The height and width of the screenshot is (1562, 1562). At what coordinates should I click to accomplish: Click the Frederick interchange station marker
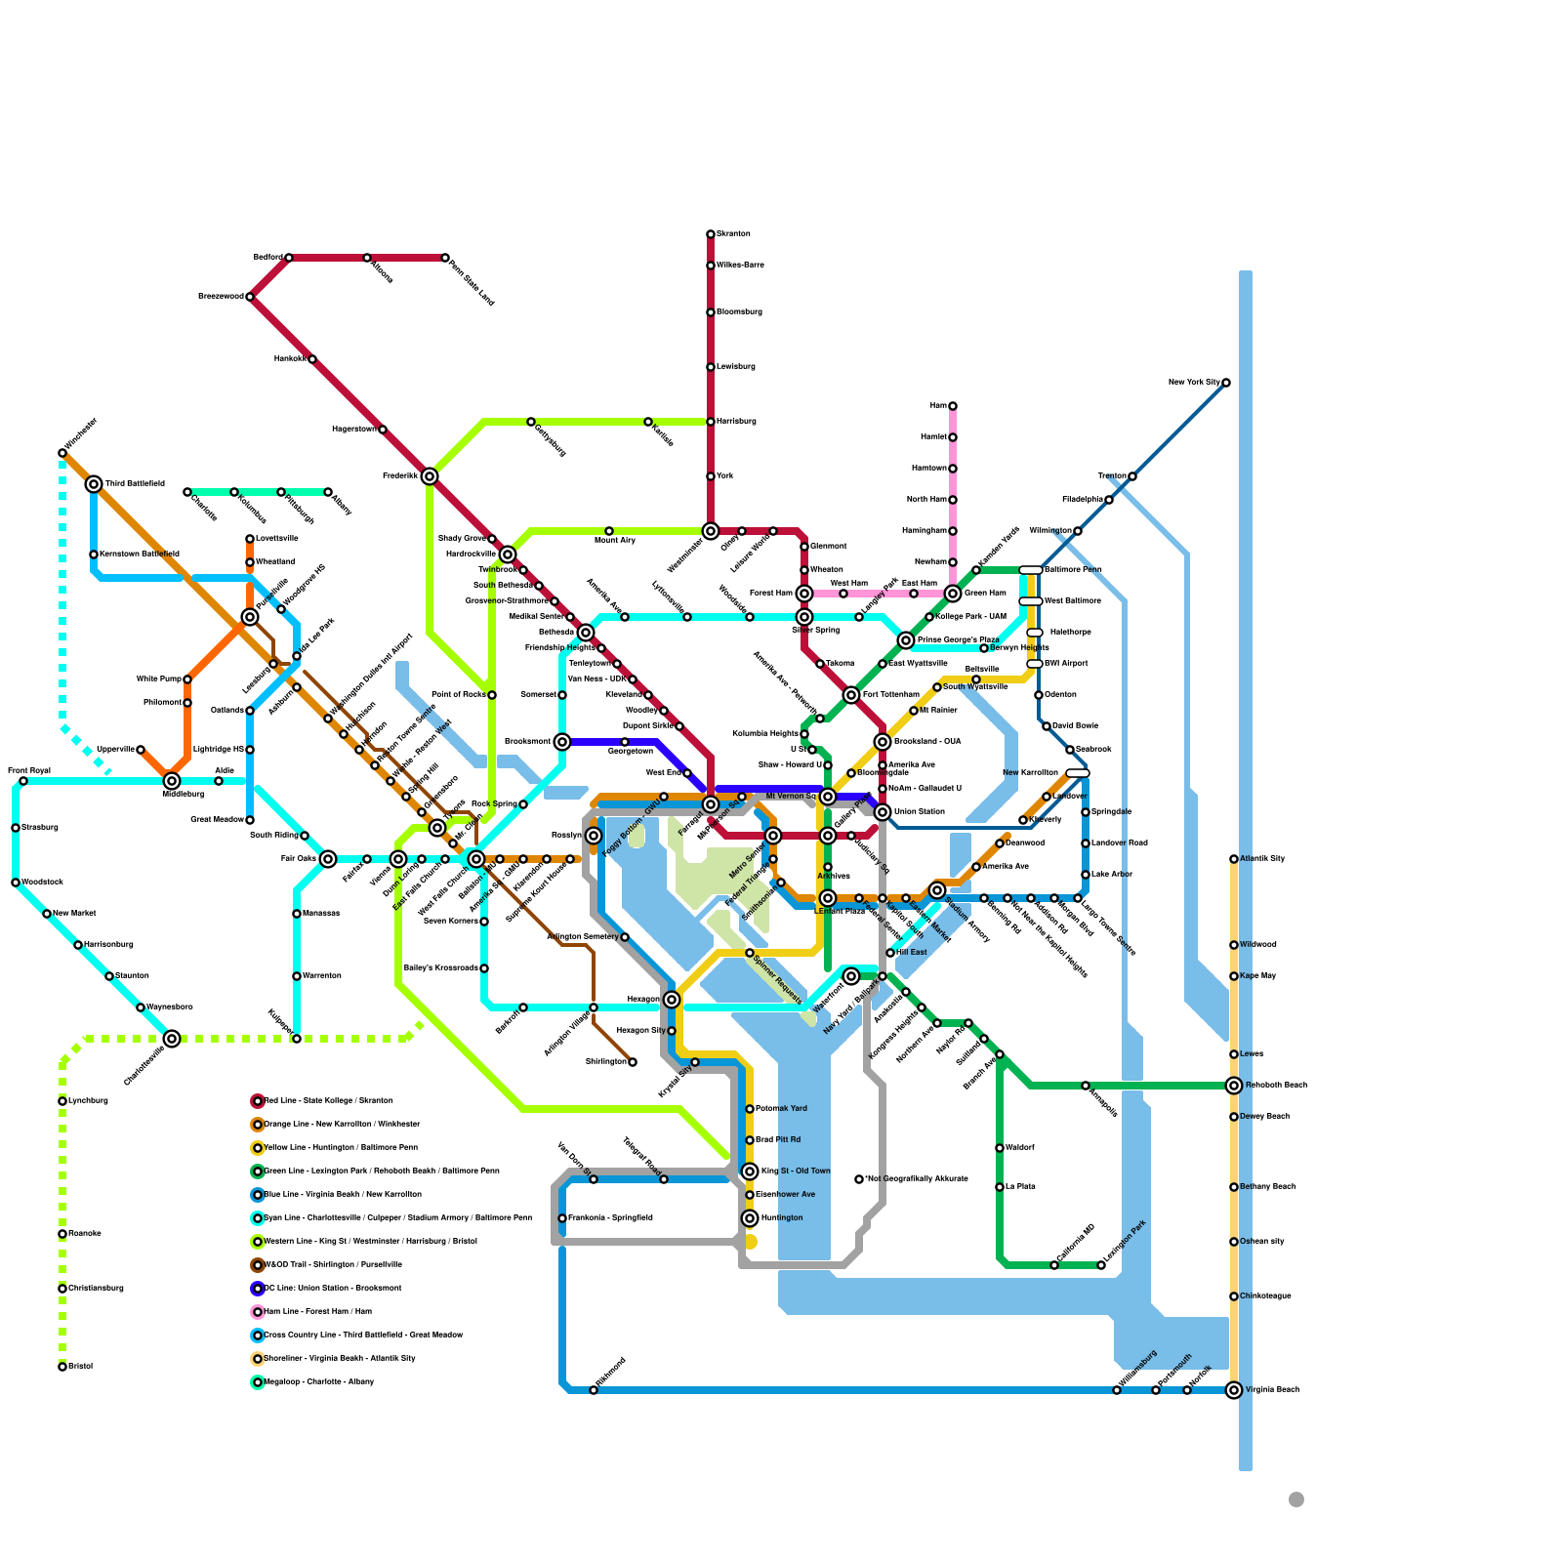tap(430, 476)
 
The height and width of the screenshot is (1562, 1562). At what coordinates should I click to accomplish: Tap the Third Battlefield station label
tap(135, 484)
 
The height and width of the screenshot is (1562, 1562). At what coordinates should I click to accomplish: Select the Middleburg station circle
tap(172, 781)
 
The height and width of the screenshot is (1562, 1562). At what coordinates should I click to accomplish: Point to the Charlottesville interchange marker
tap(172, 1039)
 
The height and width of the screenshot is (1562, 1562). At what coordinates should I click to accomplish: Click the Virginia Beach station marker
tap(1234, 1390)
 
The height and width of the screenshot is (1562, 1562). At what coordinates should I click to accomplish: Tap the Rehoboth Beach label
tap(1275, 1086)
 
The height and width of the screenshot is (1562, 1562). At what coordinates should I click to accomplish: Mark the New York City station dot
tap(1226, 383)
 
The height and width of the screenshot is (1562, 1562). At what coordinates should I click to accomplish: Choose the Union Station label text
tap(919, 812)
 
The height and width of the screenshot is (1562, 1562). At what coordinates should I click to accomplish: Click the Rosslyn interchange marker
tap(594, 836)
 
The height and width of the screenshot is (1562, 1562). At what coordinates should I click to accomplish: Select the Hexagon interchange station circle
tap(672, 1000)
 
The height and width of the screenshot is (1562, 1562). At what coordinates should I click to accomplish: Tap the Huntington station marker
tap(750, 1218)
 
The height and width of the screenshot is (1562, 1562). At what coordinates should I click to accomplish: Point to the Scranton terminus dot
tap(711, 234)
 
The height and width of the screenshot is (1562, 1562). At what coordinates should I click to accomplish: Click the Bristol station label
tap(80, 1367)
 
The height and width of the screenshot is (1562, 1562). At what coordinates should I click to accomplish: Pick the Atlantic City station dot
tap(1234, 859)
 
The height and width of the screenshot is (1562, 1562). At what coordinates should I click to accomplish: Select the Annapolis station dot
tap(1086, 1086)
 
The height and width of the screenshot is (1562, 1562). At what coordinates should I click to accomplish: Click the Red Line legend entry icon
tap(258, 1101)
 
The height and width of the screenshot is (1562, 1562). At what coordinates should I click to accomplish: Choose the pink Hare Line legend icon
tap(258, 1312)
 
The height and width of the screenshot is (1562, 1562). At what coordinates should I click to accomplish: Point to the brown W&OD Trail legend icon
tap(258, 1265)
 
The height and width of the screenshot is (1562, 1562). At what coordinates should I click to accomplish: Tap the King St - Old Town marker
tap(750, 1171)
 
